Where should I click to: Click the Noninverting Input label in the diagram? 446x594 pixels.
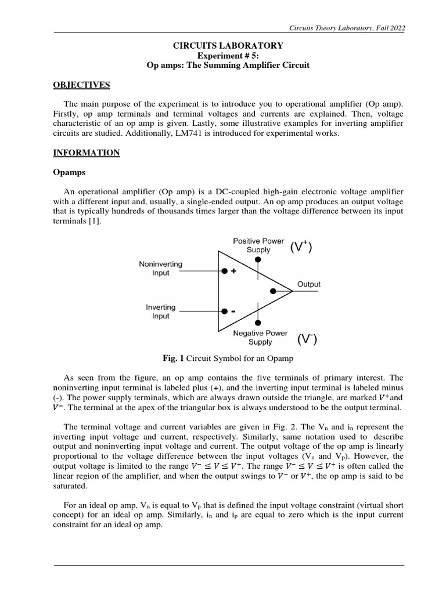click(161, 269)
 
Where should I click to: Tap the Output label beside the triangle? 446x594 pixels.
click(309, 285)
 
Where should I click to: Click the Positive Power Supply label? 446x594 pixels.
click(258, 245)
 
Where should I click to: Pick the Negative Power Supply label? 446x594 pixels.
click(260, 338)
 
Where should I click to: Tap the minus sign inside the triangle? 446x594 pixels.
click(233, 312)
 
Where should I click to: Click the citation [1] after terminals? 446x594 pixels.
click(95, 222)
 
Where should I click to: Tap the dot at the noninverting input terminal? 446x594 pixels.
click(224, 270)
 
